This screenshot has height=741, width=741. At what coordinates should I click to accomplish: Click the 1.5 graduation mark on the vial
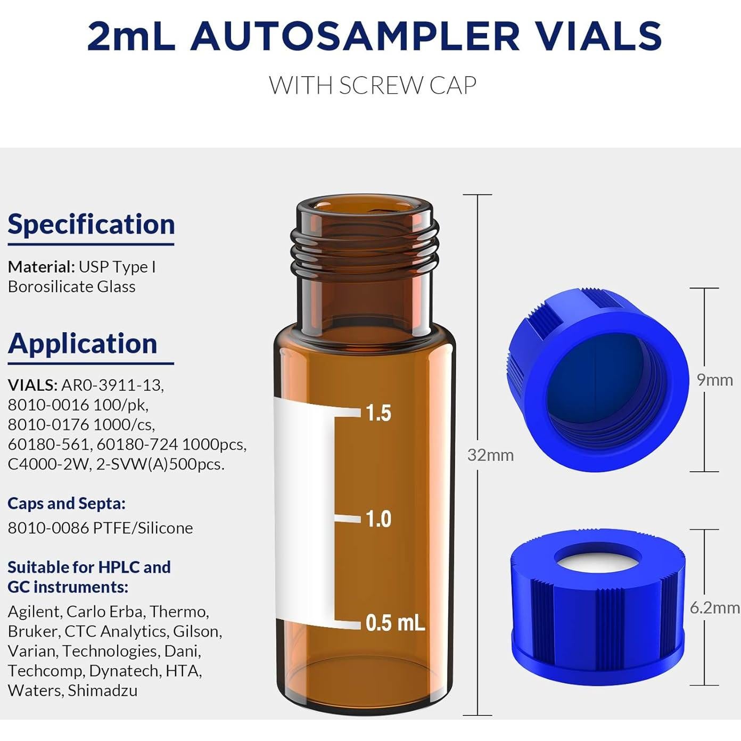click(x=378, y=413)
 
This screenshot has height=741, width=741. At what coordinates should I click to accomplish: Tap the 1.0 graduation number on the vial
click(x=378, y=519)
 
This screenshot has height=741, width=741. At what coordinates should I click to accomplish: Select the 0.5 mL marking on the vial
click(x=395, y=623)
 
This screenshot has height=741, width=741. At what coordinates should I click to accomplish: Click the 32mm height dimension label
click(x=490, y=455)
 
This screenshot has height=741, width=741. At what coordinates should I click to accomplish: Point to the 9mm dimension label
click(x=715, y=380)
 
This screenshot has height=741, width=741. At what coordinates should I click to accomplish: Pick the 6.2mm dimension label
click(x=714, y=607)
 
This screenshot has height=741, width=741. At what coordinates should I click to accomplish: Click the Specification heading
click(x=91, y=224)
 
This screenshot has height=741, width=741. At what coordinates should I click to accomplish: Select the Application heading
click(x=83, y=343)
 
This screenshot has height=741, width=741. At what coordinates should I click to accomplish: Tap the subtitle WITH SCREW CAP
click(x=372, y=85)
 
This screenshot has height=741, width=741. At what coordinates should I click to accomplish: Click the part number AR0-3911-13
click(x=112, y=385)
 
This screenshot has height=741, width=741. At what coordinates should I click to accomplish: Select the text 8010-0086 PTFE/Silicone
click(x=100, y=528)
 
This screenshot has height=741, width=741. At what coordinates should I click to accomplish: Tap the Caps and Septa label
click(x=67, y=504)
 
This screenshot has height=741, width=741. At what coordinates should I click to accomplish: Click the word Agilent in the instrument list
click(x=34, y=612)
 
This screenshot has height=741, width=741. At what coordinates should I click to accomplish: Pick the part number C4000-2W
click(x=48, y=464)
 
